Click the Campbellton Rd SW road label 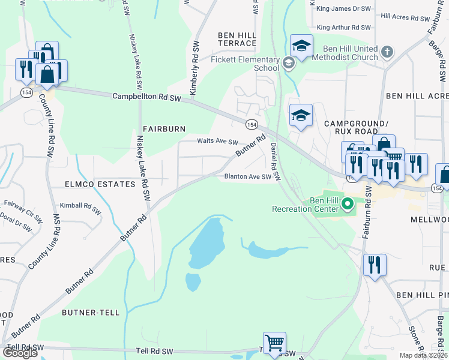click(x=146, y=97)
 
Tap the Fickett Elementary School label click(x=245, y=64)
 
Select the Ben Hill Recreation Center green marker click(x=347, y=205)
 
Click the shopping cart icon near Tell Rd click(x=274, y=343)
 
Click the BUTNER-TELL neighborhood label click(x=91, y=313)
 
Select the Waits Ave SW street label click(x=218, y=142)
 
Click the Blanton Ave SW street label click(x=248, y=176)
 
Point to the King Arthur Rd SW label click(x=344, y=28)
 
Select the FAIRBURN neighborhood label click(x=164, y=128)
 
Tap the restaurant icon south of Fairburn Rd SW click(x=375, y=264)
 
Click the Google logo click(x=20, y=353)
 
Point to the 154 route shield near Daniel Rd click(x=251, y=124)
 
